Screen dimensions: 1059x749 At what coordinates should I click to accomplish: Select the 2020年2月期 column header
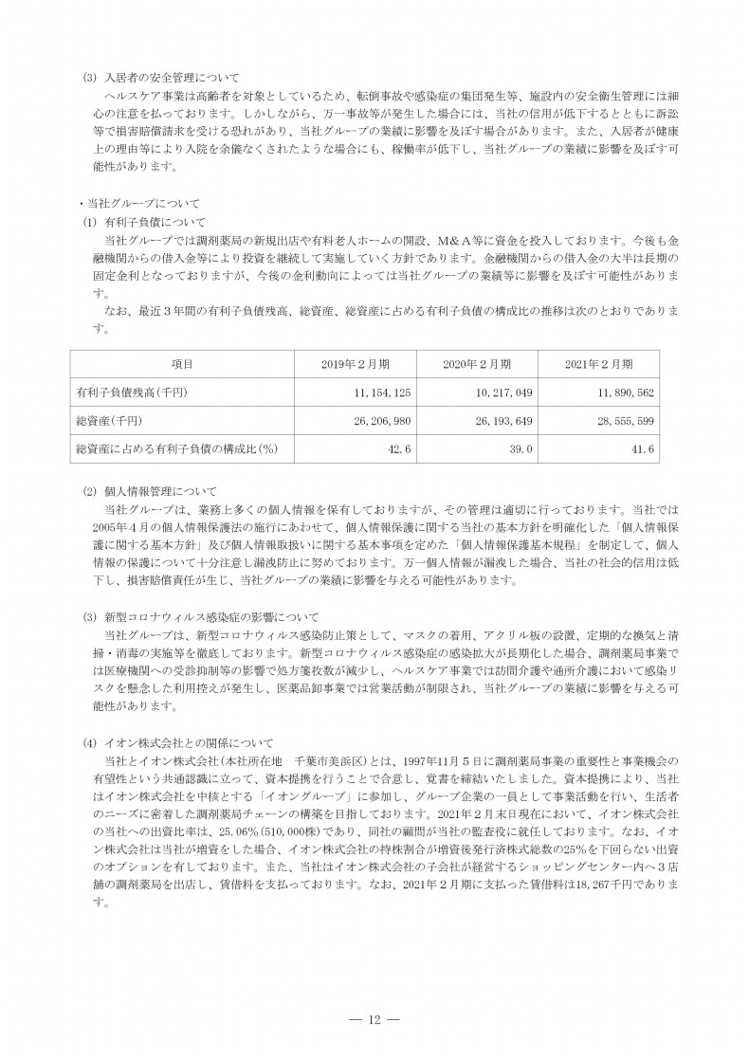[477, 364]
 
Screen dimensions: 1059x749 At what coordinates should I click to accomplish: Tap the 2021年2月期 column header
[599, 364]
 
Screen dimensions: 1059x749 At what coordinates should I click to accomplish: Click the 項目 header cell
[182, 364]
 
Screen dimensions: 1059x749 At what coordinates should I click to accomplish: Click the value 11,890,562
[621, 392]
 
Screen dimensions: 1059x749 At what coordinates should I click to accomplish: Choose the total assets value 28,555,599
[621, 419]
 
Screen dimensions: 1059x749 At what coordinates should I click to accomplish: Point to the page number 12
[374, 1019]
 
